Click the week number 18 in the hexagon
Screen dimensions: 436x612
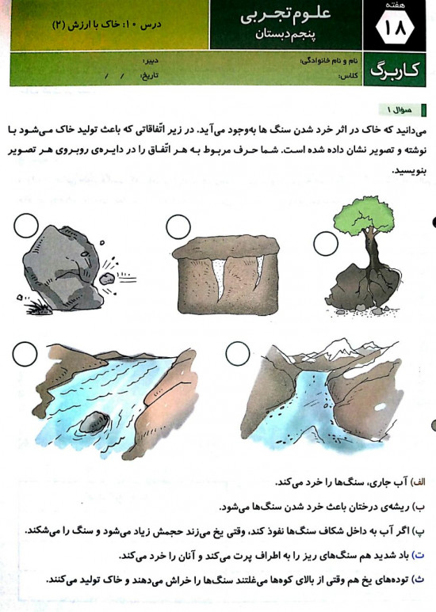[x=394, y=28]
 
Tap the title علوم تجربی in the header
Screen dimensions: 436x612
[x=286, y=15]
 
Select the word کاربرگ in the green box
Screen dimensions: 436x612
[x=394, y=70]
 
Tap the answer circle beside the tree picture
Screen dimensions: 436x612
[x=326, y=244]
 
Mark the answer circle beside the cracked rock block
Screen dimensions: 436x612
[x=178, y=226]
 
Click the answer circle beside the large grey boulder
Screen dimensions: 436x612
[x=26, y=225]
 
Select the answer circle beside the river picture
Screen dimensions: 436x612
[x=25, y=354]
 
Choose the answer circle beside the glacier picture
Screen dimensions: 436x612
[x=238, y=354]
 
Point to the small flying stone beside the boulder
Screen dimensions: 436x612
[x=107, y=279]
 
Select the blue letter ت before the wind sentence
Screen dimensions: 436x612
[x=419, y=555]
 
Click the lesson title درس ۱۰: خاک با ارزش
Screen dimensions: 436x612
[x=107, y=25]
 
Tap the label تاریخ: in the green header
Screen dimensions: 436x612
[x=149, y=75]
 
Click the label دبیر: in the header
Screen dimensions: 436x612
[x=151, y=61]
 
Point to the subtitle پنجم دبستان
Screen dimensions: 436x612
[x=285, y=34]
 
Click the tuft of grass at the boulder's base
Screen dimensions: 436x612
[x=38, y=308]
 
